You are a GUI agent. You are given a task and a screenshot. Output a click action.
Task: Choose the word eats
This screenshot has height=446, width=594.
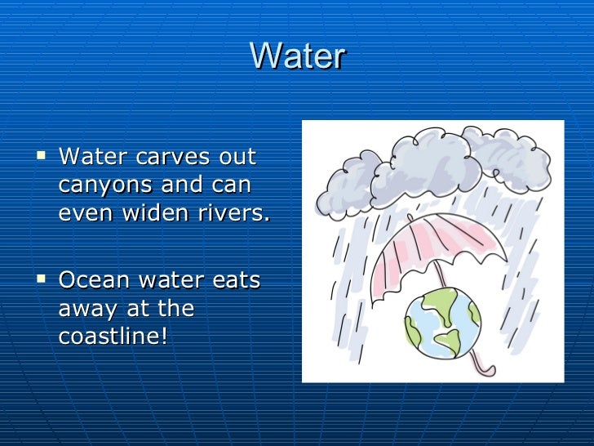(234, 280)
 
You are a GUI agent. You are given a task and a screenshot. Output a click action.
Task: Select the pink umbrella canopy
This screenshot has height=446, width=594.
(432, 245)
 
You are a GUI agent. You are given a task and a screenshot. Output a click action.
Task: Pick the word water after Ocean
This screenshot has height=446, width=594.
(166, 280)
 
